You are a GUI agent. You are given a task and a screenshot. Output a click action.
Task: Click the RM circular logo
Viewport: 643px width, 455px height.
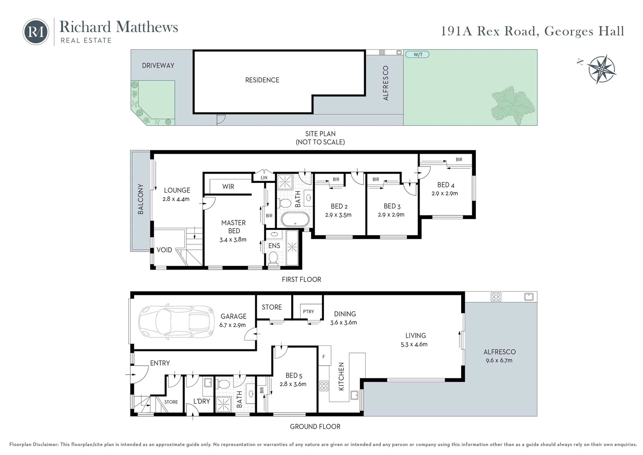[36, 32]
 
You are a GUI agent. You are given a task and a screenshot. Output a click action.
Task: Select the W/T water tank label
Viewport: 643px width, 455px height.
[418, 55]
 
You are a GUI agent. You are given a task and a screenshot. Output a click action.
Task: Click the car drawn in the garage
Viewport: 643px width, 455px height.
[176, 321]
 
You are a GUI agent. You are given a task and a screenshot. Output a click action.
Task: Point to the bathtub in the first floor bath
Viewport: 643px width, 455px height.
[295, 220]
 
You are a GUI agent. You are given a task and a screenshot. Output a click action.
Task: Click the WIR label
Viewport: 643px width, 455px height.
[228, 187]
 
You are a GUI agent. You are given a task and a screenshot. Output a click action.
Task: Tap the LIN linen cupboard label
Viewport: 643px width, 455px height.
[264, 178]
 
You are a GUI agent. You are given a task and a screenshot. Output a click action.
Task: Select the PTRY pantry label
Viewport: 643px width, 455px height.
[308, 311]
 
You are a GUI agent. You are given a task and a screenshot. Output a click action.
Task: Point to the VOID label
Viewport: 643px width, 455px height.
[164, 250]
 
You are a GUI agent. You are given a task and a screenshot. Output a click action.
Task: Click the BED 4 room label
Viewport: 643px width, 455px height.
[446, 185]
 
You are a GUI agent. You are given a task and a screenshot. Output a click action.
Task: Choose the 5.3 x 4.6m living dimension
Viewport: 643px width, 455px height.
[414, 344]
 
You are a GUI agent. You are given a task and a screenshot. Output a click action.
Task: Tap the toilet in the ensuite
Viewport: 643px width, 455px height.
[273, 258]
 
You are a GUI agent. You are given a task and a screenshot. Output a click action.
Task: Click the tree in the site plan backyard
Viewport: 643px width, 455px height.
[513, 106]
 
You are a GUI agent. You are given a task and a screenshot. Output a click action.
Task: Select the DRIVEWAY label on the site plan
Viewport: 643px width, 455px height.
[158, 66]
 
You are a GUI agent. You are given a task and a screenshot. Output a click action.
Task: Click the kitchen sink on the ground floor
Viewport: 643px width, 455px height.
[354, 395]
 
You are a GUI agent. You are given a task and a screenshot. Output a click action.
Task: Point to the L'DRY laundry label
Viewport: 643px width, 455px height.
[202, 401]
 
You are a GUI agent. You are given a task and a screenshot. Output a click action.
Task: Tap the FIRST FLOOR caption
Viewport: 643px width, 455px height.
[301, 279]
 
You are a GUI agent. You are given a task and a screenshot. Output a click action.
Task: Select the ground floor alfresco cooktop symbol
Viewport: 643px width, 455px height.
[496, 297]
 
